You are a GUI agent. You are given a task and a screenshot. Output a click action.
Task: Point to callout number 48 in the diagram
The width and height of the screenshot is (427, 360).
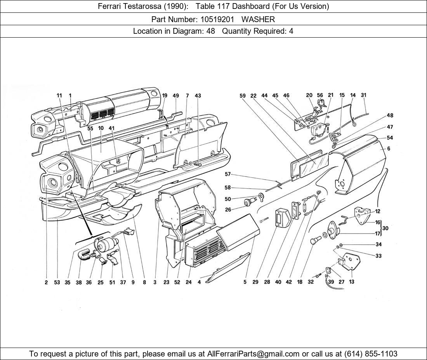(390, 115)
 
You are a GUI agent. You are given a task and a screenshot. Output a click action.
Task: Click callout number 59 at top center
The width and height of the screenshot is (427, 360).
(243, 95)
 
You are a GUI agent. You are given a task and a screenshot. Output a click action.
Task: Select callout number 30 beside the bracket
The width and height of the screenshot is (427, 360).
(386, 228)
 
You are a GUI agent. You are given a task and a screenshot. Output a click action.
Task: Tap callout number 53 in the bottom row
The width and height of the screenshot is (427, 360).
(57, 282)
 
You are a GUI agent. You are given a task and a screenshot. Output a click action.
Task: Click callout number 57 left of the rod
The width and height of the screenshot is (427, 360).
(227, 175)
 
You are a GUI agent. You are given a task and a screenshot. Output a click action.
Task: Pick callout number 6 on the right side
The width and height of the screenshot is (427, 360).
(389, 149)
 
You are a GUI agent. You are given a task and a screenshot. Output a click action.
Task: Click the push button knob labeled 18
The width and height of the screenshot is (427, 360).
(313, 242)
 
